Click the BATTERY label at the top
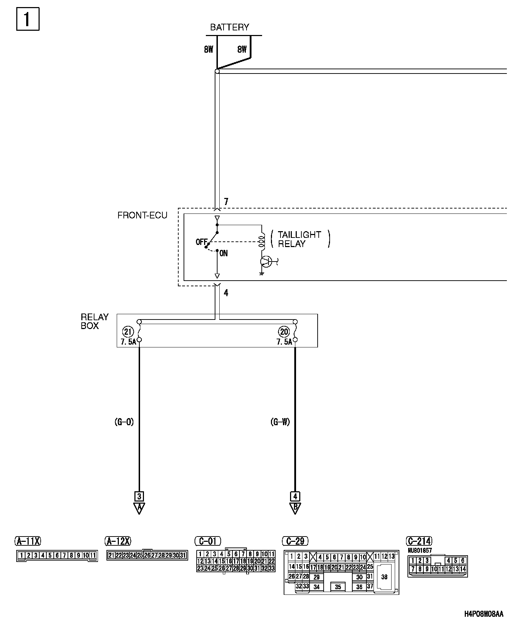coord(230,27)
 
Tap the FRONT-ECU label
coord(142,215)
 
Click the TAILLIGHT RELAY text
coord(299,239)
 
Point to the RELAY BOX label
coord(94,321)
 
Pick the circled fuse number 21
coord(128,332)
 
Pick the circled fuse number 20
coord(284,332)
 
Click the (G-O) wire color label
coord(124,422)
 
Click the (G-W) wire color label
coord(280,422)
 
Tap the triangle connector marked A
coord(139,508)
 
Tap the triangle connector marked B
coord(295,508)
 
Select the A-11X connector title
coord(28,541)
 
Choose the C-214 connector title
coord(419,541)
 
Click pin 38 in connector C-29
coord(384,577)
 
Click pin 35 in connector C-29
coord(338,587)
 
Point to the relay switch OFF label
coord(201,242)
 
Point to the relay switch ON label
coord(224,253)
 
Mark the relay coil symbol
coord(262,240)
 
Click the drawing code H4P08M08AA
coord(484,614)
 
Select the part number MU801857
coord(419,550)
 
